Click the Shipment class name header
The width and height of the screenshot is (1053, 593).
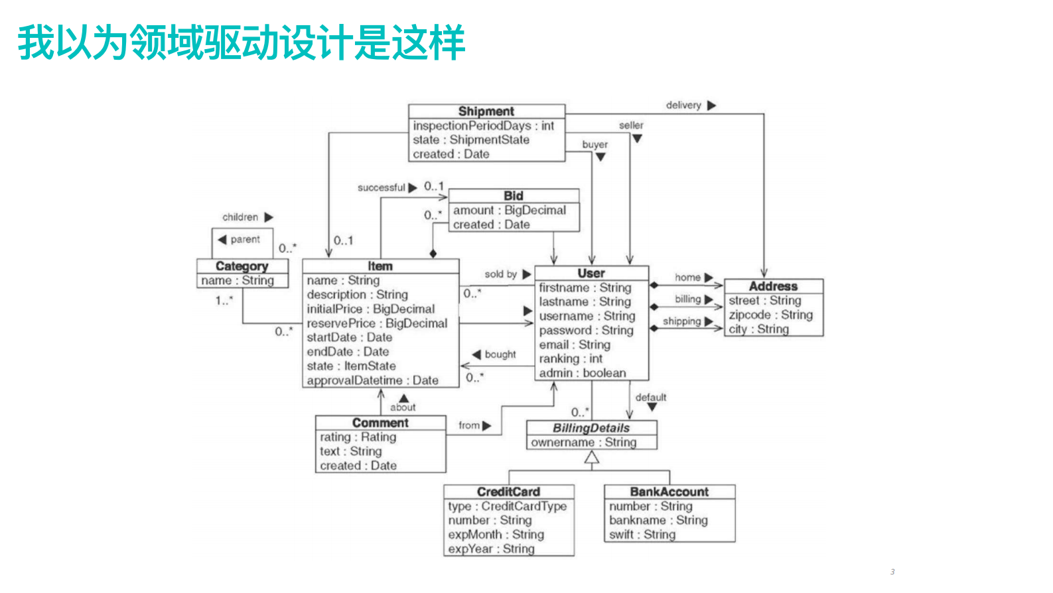pos(486,112)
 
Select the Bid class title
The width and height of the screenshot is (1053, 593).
pos(514,196)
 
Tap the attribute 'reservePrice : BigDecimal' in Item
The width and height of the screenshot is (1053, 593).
pos(377,323)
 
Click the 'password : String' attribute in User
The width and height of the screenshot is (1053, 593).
pos(586,330)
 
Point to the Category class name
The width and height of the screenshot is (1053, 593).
pos(242,266)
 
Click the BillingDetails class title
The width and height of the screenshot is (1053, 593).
pos(591,428)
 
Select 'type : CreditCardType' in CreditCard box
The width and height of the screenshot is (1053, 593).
pos(508,506)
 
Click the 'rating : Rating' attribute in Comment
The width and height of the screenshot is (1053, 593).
pos(358,437)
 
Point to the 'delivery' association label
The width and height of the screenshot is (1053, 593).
pos(683,106)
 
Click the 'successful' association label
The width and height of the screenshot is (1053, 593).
pos(381,188)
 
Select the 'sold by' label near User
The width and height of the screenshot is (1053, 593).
pos(500,274)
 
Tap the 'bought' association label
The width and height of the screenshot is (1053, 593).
pos(500,355)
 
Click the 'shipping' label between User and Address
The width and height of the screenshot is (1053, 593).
pos(681,321)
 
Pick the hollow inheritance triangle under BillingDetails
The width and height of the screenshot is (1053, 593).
pos(592,458)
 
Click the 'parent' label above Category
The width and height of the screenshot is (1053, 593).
pos(245,240)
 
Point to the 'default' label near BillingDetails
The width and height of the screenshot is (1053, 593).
pos(650,398)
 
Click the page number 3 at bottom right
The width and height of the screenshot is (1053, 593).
pos(892,572)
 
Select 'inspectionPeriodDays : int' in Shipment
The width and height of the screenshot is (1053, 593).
pos(483,126)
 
